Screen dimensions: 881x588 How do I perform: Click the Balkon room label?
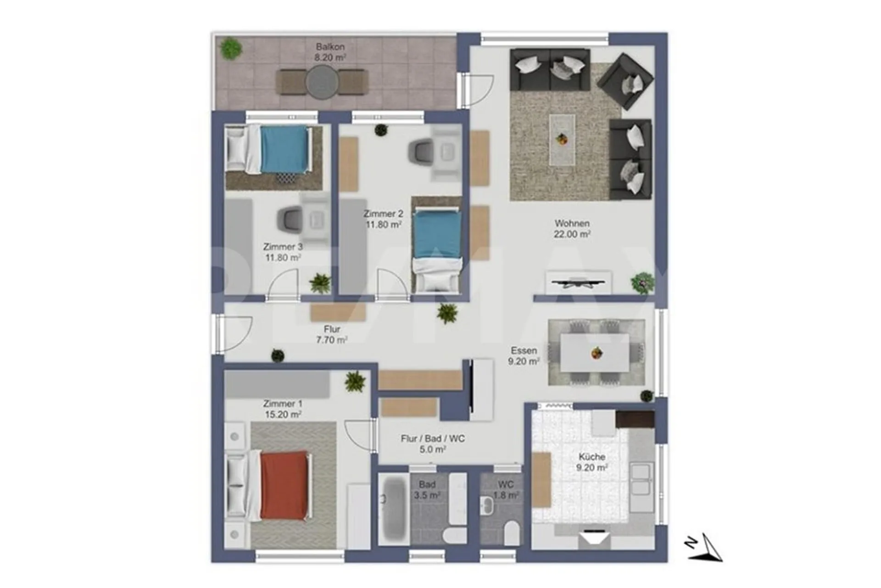[330, 47]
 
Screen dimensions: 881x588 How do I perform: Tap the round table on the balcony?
[322, 82]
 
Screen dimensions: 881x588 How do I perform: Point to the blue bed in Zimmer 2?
[436, 250]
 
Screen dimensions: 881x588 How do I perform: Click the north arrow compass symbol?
[704, 548]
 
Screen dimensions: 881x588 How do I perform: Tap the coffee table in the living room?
[562, 139]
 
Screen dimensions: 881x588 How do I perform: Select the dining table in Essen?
[595, 353]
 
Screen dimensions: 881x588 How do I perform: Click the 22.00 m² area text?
[572, 234]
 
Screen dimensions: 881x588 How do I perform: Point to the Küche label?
[592, 457]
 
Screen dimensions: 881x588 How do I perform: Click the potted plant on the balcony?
[231, 48]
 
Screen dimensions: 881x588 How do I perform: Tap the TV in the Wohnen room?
[578, 283]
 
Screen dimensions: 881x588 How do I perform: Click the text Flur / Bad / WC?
[433, 439]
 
